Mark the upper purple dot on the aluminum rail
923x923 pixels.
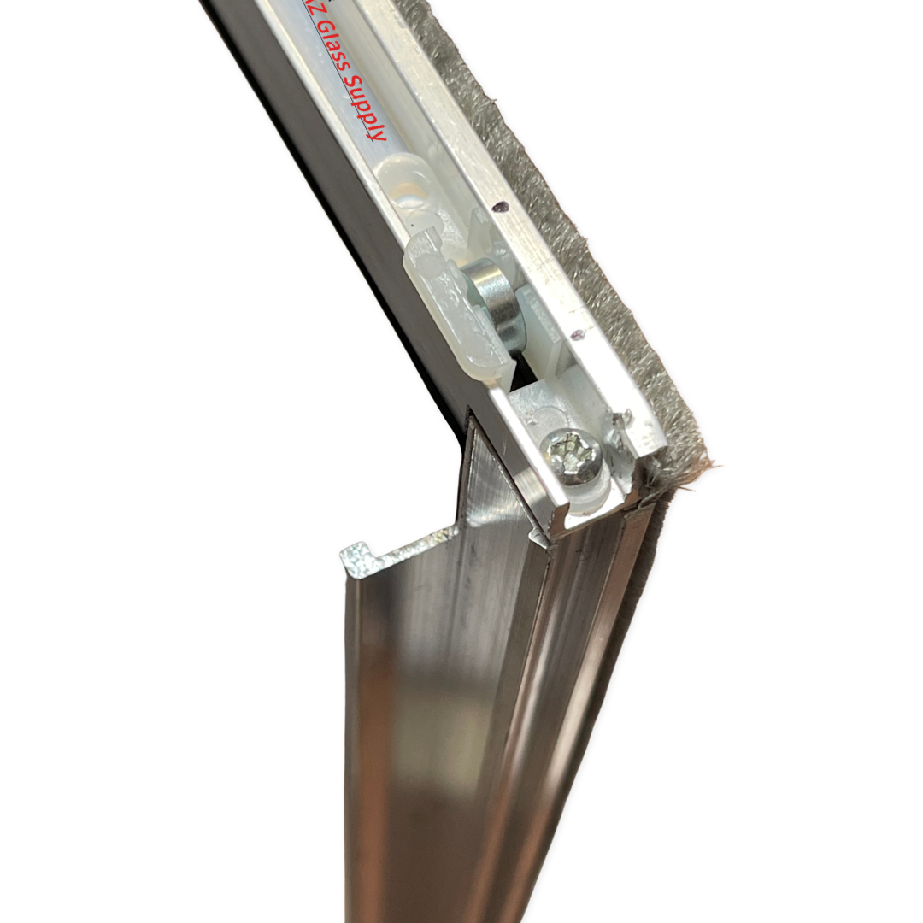click(500, 206)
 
